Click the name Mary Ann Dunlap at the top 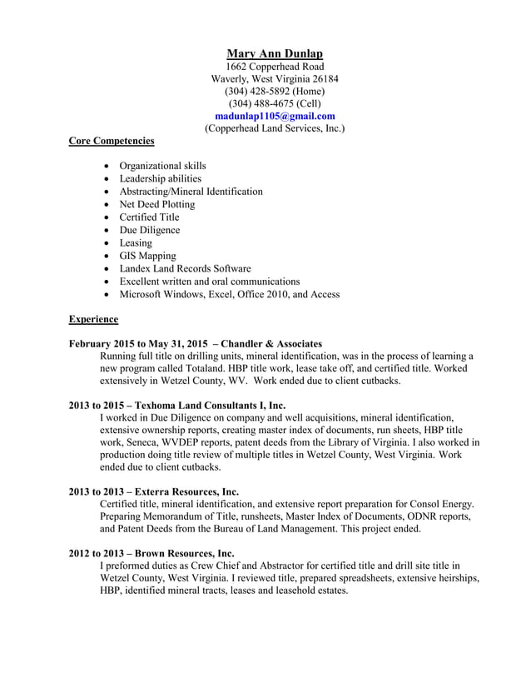pyautogui.click(x=275, y=53)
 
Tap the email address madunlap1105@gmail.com pyautogui.click(x=275, y=116)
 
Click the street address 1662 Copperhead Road pyautogui.click(x=275, y=66)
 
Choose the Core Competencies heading pyautogui.click(x=111, y=141)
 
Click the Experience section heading pyautogui.click(x=93, y=319)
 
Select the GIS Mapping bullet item pyautogui.click(x=147, y=256)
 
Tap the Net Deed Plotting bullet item pyautogui.click(x=156, y=204)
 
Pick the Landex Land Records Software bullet pyautogui.click(x=185, y=268)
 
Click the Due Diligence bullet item pyautogui.click(x=149, y=230)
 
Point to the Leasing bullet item pyautogui.click(x=136, y=242)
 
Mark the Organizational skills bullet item pyautogui.click(x=162, y=166)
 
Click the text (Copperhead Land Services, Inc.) pyautogui.click(x=275, y=128)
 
